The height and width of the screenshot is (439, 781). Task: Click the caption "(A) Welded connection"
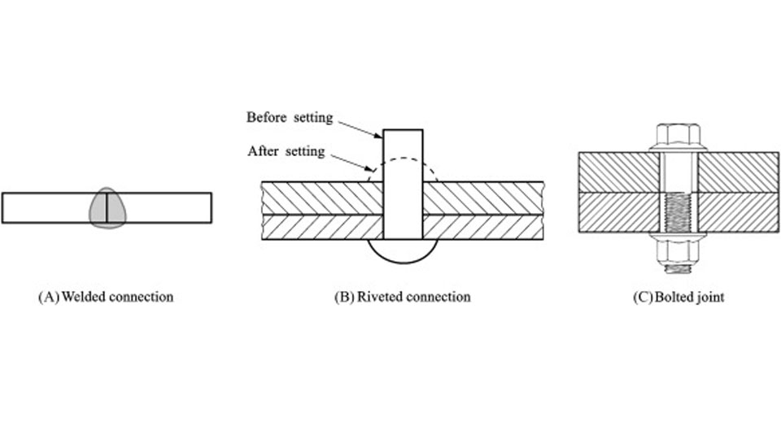pyautogui.click(x=106, y=297)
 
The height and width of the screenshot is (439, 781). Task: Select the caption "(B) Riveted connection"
pyautogui.click(x=402, y=297)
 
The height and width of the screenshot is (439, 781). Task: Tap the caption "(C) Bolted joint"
pyautogui.click(x=678, y=297)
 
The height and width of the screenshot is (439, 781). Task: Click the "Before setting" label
pyautogui.click(x=290, y=117)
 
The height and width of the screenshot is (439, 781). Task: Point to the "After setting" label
pyautogui.click(x=286, y=151)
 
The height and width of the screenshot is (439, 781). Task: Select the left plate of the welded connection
pyautogui.click(x=46, y=207)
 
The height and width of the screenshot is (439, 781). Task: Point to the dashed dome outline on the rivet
pyautogui.click(x=431, y=169)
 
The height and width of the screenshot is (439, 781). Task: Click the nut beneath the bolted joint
pyautogui.click(x=678, y=243)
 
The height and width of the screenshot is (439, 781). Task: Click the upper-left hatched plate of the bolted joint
pyautogui.click(x=618, y=172)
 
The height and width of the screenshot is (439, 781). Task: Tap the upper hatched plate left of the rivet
pyautogui.click(x=321, y=198)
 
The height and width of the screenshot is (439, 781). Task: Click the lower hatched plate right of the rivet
pyautogui.click(x=483, y=227)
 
